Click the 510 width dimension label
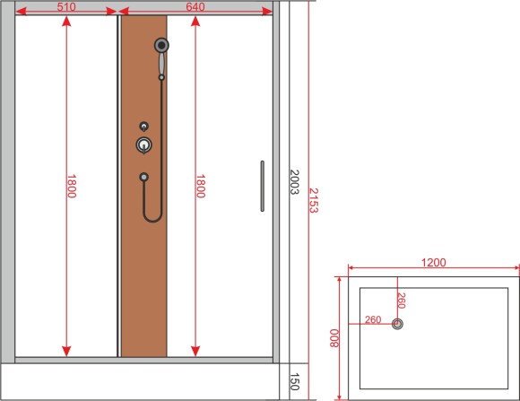click(65, 6)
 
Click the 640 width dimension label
click(195, 6)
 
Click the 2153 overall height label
click(314, 200)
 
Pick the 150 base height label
click(294, 381)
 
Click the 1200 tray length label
click(433, 263)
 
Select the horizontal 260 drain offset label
click(372, 319)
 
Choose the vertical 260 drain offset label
click(401, 301)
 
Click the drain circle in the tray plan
click(399, 325)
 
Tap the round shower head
click(161, 44)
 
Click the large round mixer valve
click(143, 144)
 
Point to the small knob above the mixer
click(143, 126)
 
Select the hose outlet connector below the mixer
click(143, 177)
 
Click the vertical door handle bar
click(262, 186)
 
